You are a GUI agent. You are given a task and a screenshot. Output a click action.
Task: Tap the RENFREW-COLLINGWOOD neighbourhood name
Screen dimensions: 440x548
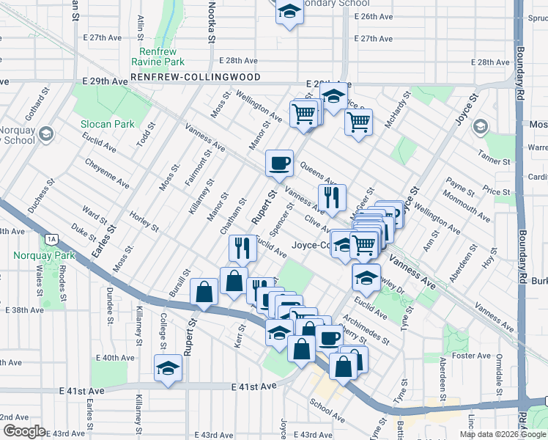coord(196,76)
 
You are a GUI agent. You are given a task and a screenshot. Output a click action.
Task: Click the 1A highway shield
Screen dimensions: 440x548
coord(51,239)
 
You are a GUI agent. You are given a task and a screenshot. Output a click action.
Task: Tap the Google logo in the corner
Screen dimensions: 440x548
coord(23,431)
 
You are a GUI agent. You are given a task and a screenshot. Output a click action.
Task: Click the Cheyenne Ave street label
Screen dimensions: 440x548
coord(107,172)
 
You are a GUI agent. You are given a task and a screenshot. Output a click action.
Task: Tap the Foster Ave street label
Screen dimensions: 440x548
coord(470,356)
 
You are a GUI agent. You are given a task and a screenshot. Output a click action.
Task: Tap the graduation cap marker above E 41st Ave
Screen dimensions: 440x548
coord(168,366)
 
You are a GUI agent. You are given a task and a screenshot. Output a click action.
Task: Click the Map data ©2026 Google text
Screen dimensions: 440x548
coord(503,434)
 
